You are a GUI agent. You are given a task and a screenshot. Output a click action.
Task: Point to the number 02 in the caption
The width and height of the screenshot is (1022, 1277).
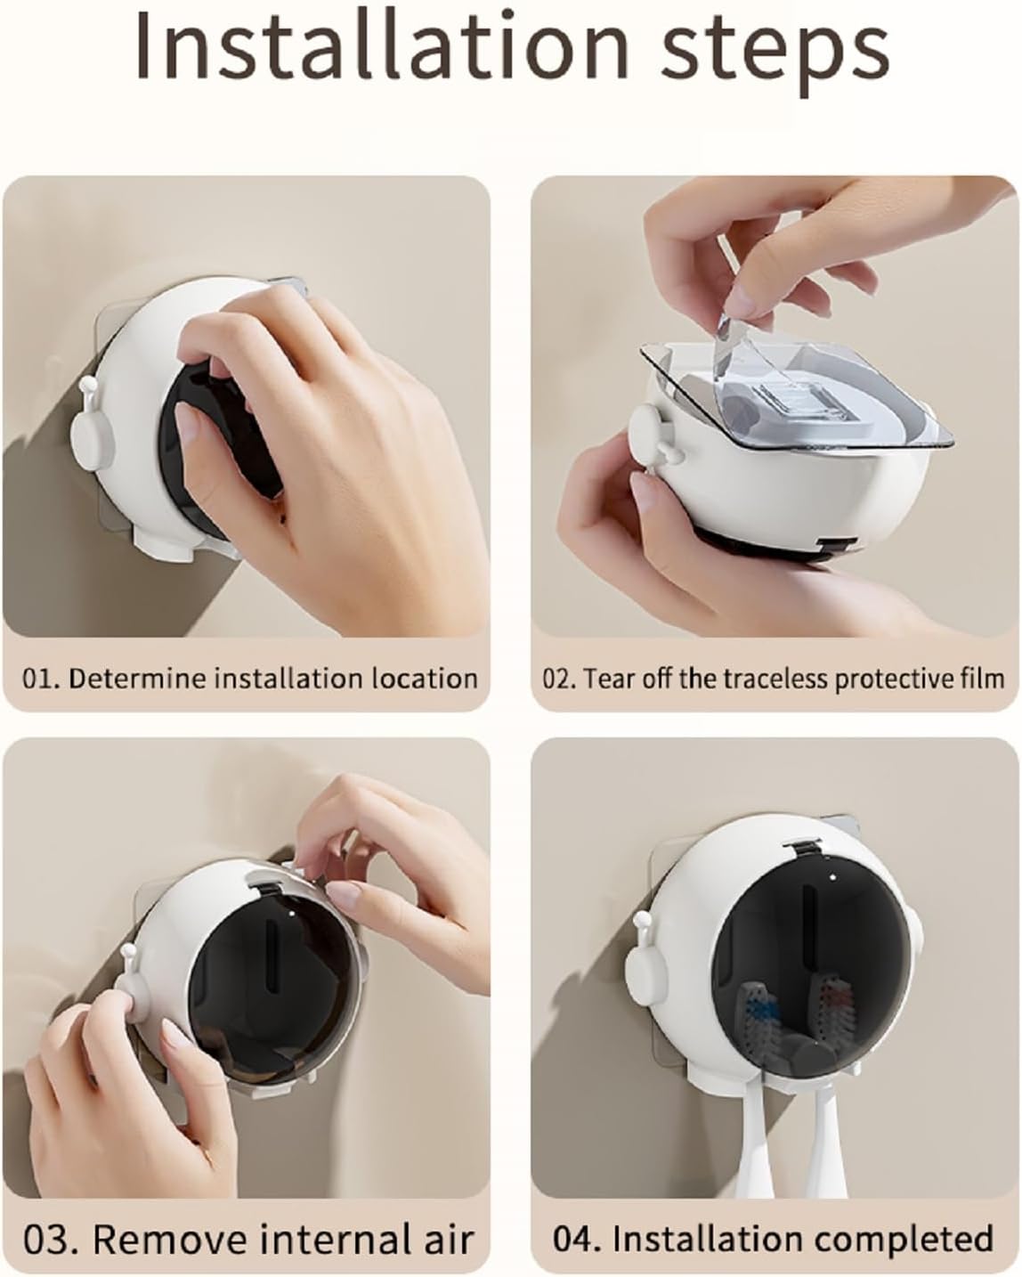[557, 679]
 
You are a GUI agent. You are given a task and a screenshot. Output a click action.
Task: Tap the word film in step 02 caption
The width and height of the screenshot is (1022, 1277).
[984, 679]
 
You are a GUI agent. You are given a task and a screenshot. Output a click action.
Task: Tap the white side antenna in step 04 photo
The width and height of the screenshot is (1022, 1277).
[640, 962]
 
